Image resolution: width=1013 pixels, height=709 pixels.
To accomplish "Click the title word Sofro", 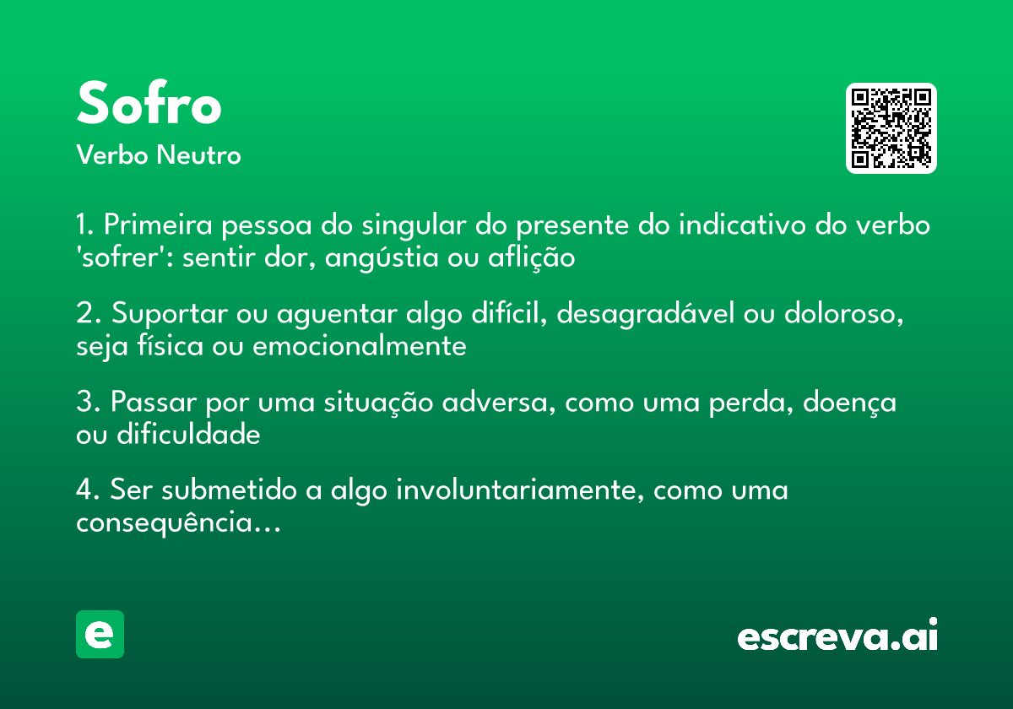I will (x=149, y=105).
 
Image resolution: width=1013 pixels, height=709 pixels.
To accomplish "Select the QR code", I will (x=891, y=128).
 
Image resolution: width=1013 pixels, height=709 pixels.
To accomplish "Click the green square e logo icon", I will (x=100, y=634).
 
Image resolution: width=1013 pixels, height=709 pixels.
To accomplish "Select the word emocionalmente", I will (x=360, y=346).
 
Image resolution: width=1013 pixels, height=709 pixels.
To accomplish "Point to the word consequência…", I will (x=177, y=523).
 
